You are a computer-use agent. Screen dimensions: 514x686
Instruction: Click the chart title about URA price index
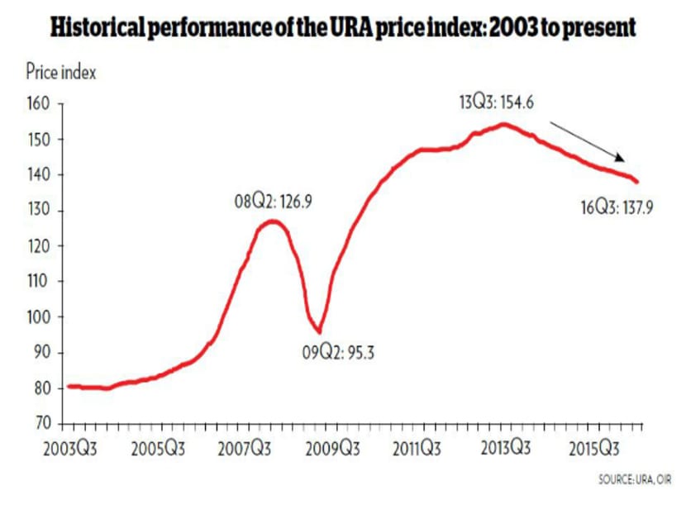(x=343, y=27)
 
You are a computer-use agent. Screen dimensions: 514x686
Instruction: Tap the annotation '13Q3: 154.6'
(x=496, y=103)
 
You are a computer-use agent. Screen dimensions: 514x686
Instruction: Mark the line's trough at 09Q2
(x=318, y=331)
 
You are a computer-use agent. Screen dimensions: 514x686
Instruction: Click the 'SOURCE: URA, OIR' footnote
(x=635, y=480)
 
